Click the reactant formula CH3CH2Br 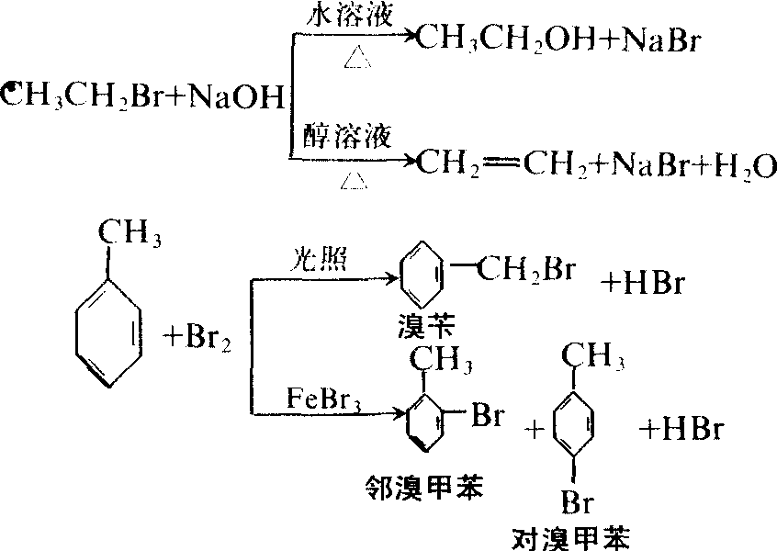tap(83, 96)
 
